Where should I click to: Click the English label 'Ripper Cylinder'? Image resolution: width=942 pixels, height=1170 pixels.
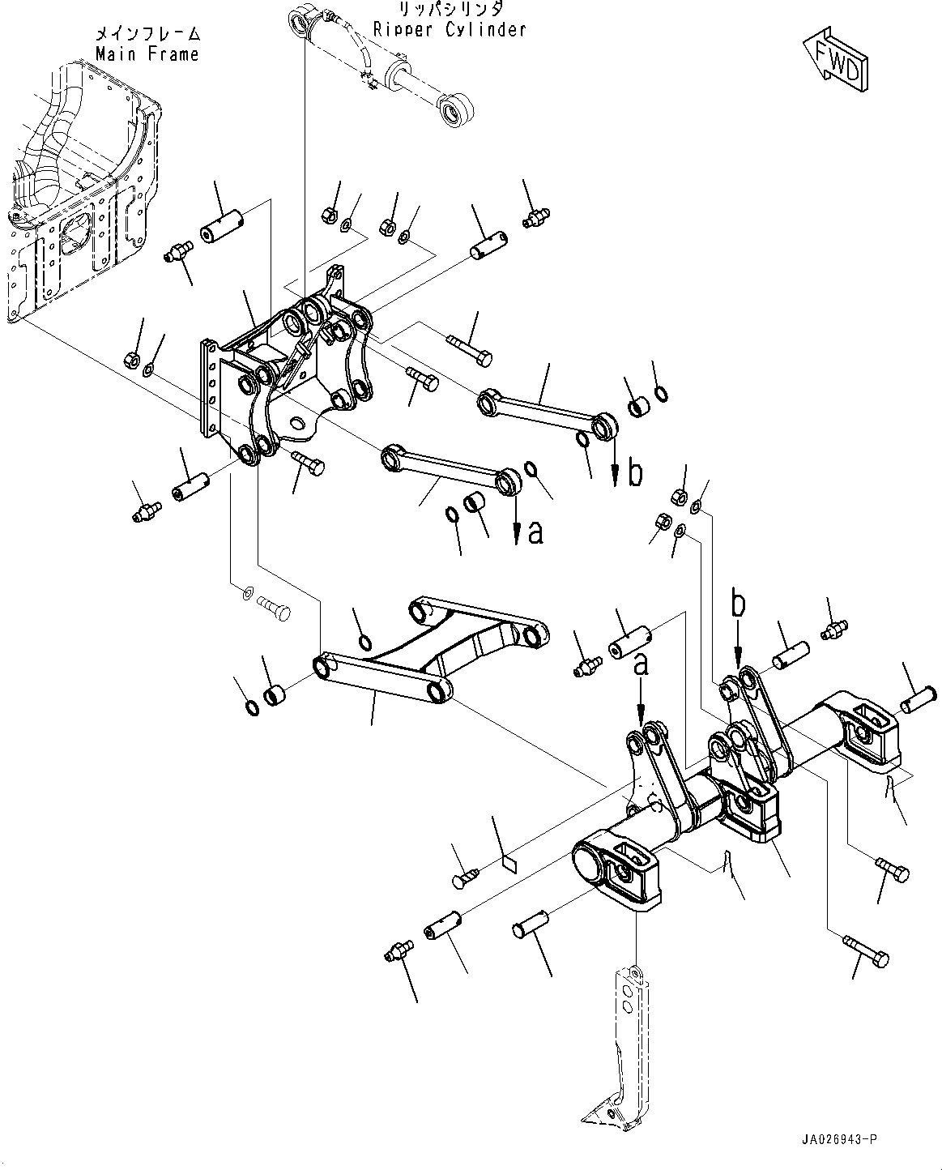(x=450, y=30)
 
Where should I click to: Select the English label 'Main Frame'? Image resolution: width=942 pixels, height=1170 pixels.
(x=147, y=54)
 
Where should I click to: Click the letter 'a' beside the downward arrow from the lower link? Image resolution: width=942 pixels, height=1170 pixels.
(x=535, y=532)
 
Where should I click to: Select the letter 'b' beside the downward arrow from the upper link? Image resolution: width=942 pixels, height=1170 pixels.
(x=636, y=473)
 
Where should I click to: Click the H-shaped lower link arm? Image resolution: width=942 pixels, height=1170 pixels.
(x=429, y=648)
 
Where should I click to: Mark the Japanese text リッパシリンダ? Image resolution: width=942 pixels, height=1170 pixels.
(x=450, y=10)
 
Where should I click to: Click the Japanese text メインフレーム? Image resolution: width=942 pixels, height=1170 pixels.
(x=147, y=34)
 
